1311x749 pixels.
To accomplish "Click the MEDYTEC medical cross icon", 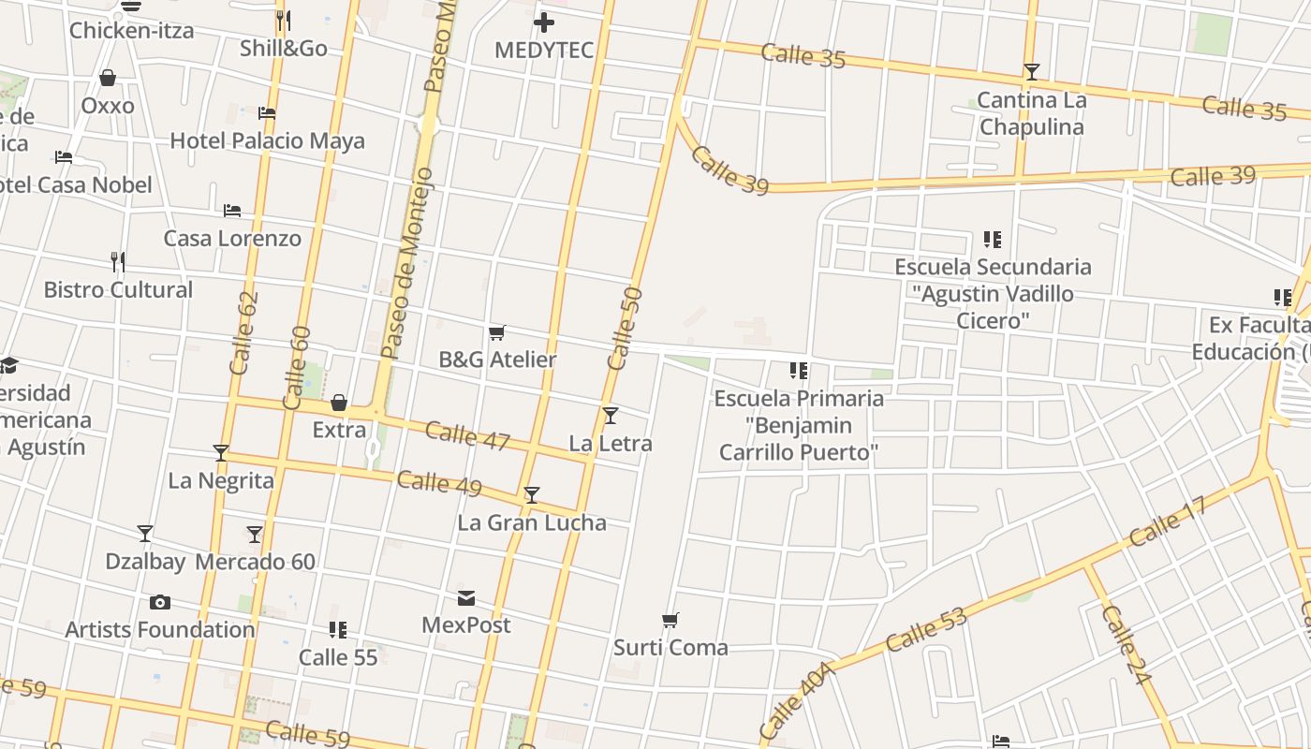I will coord(544,22).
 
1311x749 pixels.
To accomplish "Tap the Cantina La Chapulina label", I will coord(1031,113).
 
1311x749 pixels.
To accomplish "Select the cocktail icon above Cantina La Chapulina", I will coord(1031,71).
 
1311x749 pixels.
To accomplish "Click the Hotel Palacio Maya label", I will coord(267,141).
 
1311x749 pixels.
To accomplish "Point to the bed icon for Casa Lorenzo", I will coord(232,211).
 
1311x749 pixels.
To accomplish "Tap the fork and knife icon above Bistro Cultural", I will coord(118,261).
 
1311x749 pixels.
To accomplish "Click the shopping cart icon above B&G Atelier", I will coord(497,332).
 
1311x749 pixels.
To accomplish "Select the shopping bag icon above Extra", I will coord(339,403).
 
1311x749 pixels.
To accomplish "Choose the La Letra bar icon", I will coord(611,415).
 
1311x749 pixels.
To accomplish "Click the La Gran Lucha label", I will coord(532,522).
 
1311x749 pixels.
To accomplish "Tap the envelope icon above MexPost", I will coord(466,598).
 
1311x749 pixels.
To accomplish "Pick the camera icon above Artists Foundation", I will coord(160,602).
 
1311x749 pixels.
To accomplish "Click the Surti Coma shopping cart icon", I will coord(670,620).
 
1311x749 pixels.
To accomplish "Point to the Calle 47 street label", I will coord(467,435).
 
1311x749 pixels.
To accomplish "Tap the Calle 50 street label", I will coord(625,329).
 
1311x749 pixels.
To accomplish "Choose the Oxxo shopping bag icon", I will coord(108,78).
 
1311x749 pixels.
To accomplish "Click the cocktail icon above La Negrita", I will coord(221,453).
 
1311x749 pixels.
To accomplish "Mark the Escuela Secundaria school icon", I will coord(993,240).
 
